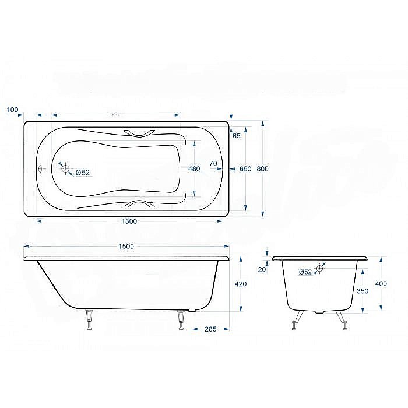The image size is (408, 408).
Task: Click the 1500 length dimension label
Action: point(125,246)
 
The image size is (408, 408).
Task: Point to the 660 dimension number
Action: point(245,169)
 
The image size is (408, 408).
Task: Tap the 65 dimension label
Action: point(236,136)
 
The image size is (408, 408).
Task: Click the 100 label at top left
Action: point(13,110)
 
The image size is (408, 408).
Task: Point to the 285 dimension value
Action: point(210,329)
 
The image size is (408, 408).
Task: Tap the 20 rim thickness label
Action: point(262,269)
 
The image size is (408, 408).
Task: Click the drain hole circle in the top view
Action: point(66,170)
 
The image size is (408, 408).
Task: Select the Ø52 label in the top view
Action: point(83,172)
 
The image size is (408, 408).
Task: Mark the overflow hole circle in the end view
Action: point(319,269)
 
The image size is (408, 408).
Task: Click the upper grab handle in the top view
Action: point(139,133)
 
